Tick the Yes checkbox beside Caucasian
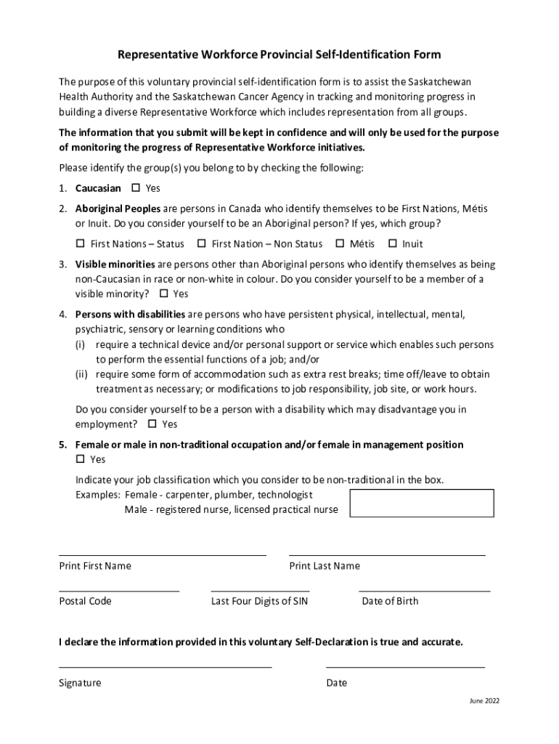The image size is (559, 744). tap(135, 188)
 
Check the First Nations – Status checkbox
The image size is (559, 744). tap(80, 243)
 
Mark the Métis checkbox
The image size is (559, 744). tap(339, 243)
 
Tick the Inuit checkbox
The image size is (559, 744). tap(393, 243)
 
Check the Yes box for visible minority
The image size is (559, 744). tap(163, 294)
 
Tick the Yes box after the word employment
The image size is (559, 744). tap(152, 424)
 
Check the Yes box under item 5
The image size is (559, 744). tap(80, 459)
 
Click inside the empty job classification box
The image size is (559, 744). tap(422, 503)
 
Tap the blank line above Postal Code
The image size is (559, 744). tap(118, 591)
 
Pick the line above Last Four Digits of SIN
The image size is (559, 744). tap(260, 591)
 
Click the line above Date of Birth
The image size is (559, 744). tap(424, 591)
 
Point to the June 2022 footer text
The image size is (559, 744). tap(483, 701)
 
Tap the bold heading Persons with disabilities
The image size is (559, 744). tap(130, 315)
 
